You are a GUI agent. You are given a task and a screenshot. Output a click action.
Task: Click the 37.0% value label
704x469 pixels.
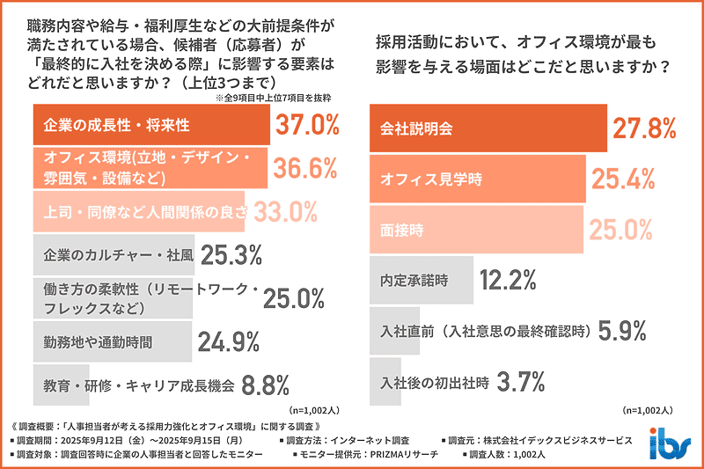308,126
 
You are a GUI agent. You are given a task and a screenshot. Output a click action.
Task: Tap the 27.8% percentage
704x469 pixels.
643,128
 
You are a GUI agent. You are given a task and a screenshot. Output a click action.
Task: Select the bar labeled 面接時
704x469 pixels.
476,230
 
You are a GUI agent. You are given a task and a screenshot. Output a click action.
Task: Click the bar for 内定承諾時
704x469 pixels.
422,281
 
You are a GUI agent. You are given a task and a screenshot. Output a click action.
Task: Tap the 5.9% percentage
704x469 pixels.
623,331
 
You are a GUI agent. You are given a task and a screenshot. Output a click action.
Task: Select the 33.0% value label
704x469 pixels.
284,211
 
